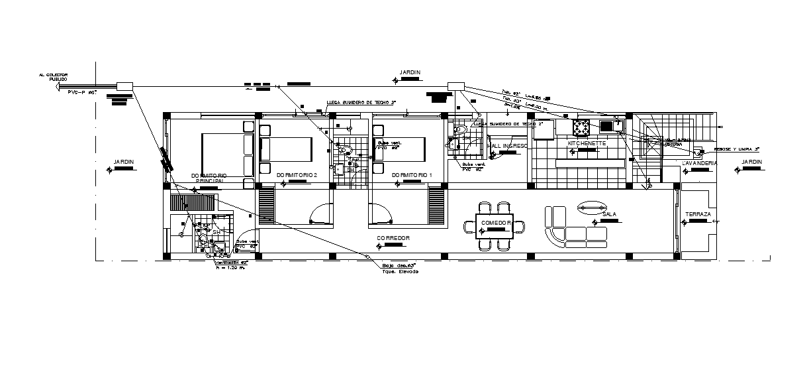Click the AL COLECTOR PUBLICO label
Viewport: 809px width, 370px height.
pyautogui.click(x=53, y=77)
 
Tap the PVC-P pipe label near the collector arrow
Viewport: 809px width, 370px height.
pyautogui.click(x=82, y=93)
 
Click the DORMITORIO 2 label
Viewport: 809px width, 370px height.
pyautogui.click(x=297, y=175)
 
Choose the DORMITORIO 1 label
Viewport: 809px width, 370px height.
pyautogui.click(x=412, y=175)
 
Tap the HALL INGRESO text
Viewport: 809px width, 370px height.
pyautogui.click(x=508, y=146)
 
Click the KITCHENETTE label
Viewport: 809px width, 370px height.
pyautogui.click(x=587, y=143)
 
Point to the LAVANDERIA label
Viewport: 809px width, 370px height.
pyautogui.click(x=699, y=163)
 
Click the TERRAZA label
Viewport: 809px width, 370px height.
pyautogui.click(x=698, y=214)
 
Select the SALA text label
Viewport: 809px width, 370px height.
pyautogui.click(x=610, y=214)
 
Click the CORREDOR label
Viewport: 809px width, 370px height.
pyautogui.click(x=393, y=237)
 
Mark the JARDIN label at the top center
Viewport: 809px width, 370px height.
pyautogui.click(x=410, y=72)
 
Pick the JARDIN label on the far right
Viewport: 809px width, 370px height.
pyautogui.click(x=751, y=162)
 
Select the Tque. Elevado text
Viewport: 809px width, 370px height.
pyautogui.click(x=401, y=271)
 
